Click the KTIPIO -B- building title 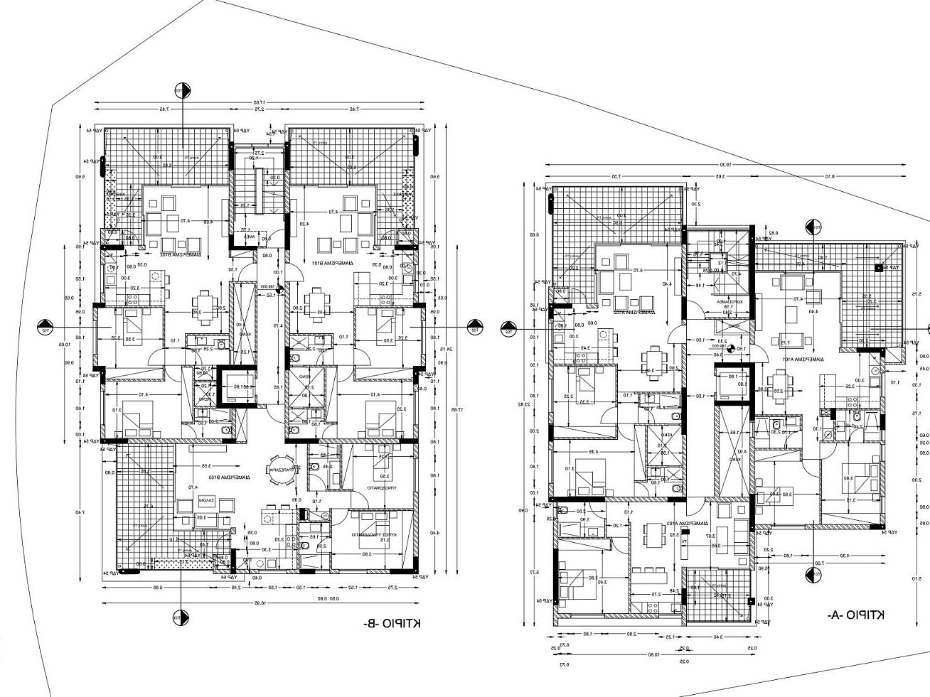pos(392,623)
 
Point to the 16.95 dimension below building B pos(264,603)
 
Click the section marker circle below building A pos(811,575)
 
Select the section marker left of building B pos(45,328)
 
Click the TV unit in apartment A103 pos(685,541)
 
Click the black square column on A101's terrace pos(878,267)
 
